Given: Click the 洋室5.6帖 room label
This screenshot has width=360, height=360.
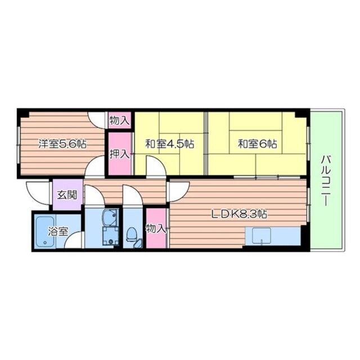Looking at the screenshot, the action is (62, 144).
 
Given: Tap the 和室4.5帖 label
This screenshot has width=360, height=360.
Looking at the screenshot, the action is (169, 144).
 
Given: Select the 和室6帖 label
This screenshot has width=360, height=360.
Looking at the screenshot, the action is (258, 144).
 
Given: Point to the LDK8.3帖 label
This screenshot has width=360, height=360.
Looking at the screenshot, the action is (239, 214).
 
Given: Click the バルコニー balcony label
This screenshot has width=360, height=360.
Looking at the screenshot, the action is (326, 180).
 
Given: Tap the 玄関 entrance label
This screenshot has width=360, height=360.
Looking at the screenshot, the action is (67, 195).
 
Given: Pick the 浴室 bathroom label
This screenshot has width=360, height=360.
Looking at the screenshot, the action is (58, 231).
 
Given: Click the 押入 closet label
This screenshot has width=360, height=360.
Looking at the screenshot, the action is (119, 154).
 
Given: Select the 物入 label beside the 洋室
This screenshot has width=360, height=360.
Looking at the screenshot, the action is (119, 120).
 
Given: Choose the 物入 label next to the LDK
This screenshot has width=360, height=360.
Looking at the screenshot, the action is (156, 228).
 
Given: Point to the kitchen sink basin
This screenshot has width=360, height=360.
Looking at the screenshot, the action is (261, 235).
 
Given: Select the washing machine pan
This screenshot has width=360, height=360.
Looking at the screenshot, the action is (111, 236).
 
